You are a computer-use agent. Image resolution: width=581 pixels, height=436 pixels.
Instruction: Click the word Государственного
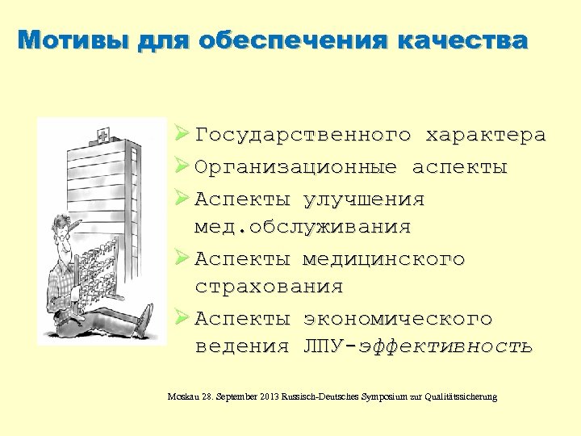tap(303, 135)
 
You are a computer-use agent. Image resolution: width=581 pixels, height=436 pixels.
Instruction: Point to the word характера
tap(485, 135)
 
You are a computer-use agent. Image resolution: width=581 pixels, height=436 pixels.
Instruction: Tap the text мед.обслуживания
tap(302, 227)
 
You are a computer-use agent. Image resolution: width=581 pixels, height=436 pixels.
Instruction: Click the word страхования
tap(269, 287)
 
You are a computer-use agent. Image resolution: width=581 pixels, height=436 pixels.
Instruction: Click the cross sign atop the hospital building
tap(102, 133)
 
